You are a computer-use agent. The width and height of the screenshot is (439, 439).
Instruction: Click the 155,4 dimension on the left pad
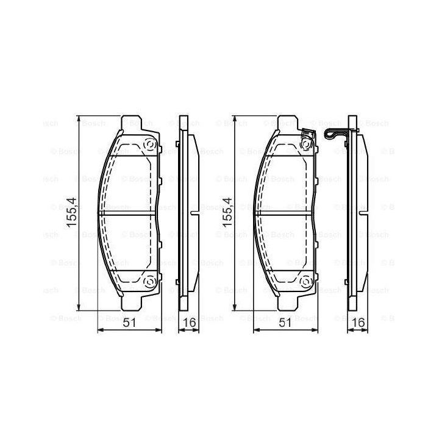click(71, 213)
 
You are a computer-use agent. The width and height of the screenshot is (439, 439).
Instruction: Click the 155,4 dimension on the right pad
click(227, 213)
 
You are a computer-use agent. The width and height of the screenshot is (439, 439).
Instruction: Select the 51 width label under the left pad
click(130, 323)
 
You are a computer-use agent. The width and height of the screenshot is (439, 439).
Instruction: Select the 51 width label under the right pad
click(285, 323)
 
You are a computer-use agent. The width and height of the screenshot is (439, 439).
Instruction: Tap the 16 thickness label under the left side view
click(189, 323)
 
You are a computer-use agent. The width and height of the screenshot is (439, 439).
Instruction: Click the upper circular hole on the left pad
click(149, 145)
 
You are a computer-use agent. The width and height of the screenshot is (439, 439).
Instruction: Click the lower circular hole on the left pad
click(149, 280)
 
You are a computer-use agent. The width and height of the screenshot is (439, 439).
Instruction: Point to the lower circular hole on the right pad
click(305, 280)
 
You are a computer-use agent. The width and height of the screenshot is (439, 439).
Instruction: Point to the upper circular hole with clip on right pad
click(305, 144)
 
